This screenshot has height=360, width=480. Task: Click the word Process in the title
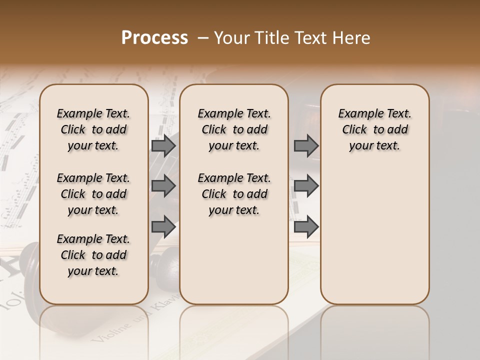tap(154, 38)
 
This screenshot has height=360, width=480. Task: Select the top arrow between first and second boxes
tap(163, 145)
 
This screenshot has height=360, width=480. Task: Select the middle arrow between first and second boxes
tap(163, 186)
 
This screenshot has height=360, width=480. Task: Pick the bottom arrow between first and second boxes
tap(163, 227)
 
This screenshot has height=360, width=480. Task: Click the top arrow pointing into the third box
tap(306, 145)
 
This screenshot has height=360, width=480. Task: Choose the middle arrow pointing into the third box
tap(306, 186)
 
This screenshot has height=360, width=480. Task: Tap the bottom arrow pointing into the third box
tap(306, 227)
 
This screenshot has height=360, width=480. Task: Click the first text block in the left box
tap(93, 129)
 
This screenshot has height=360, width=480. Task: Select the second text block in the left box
tap(93, 194)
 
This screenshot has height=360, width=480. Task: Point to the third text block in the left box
tap(93, 255)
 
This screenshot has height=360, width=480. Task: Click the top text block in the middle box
tap(234, 129)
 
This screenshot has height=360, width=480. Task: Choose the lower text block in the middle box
tap(234, 194)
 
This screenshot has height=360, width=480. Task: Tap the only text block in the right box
tap(374, 129)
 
